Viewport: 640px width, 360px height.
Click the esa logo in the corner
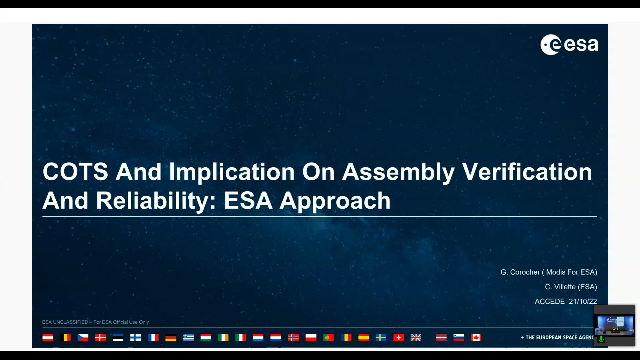click(x=569, y=45)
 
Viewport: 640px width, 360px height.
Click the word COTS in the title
click(x=75, y=172)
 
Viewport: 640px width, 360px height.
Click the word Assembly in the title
click(x=398, y=172)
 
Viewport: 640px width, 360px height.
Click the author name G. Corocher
click(x=520, y=272)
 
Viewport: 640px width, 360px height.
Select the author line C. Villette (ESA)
click(x=571, y=287)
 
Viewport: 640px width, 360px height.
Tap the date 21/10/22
click(x=583, y=301)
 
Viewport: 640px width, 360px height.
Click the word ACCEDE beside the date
click(x=549, y=301)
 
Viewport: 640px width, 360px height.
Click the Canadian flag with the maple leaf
click(x=476, y=338)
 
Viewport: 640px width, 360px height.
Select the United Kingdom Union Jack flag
click(x=416, y=338)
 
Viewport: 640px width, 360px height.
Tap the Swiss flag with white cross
click(x=398, y=338)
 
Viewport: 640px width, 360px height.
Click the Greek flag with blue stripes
click(x=188, y=338)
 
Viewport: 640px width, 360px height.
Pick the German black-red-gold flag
click(x=171, y=338)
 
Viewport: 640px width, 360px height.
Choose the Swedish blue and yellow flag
click(x=381, y=338)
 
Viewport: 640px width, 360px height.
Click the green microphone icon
click(x=601, y=339)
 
